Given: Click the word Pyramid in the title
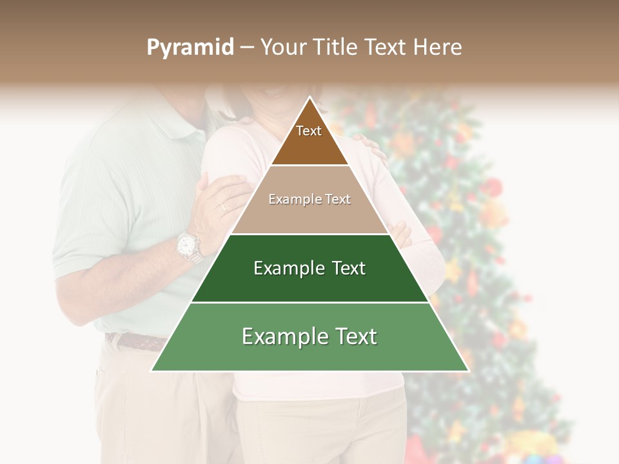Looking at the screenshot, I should tap(190, 48).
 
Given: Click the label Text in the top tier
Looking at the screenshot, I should tap(309, 131).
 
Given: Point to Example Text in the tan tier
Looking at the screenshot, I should tap(309, 199).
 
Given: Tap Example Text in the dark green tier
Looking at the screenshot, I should tap(309, 268).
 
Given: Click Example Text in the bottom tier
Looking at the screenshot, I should tap(309, 336).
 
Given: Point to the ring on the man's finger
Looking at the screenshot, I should tap(224, 207).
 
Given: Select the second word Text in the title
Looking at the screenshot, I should tap(386, 48).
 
